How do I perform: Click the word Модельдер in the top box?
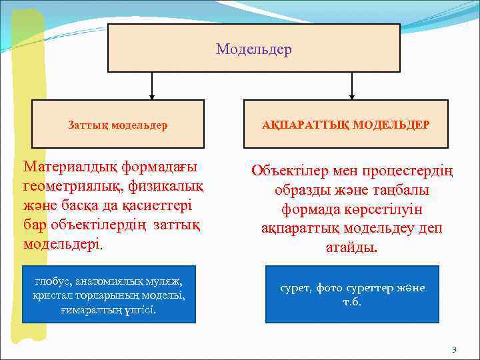pyautogui.click(x=254, y=50)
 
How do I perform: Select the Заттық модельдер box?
pyautogui.click(x=118, y=125)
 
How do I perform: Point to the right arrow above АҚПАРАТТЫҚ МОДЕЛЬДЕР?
pyautogui.click(x=353, y=85)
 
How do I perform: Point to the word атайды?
pyautogui.click(x=353, y=248)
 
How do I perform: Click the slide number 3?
pyautogui.click(x=454, y=349)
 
